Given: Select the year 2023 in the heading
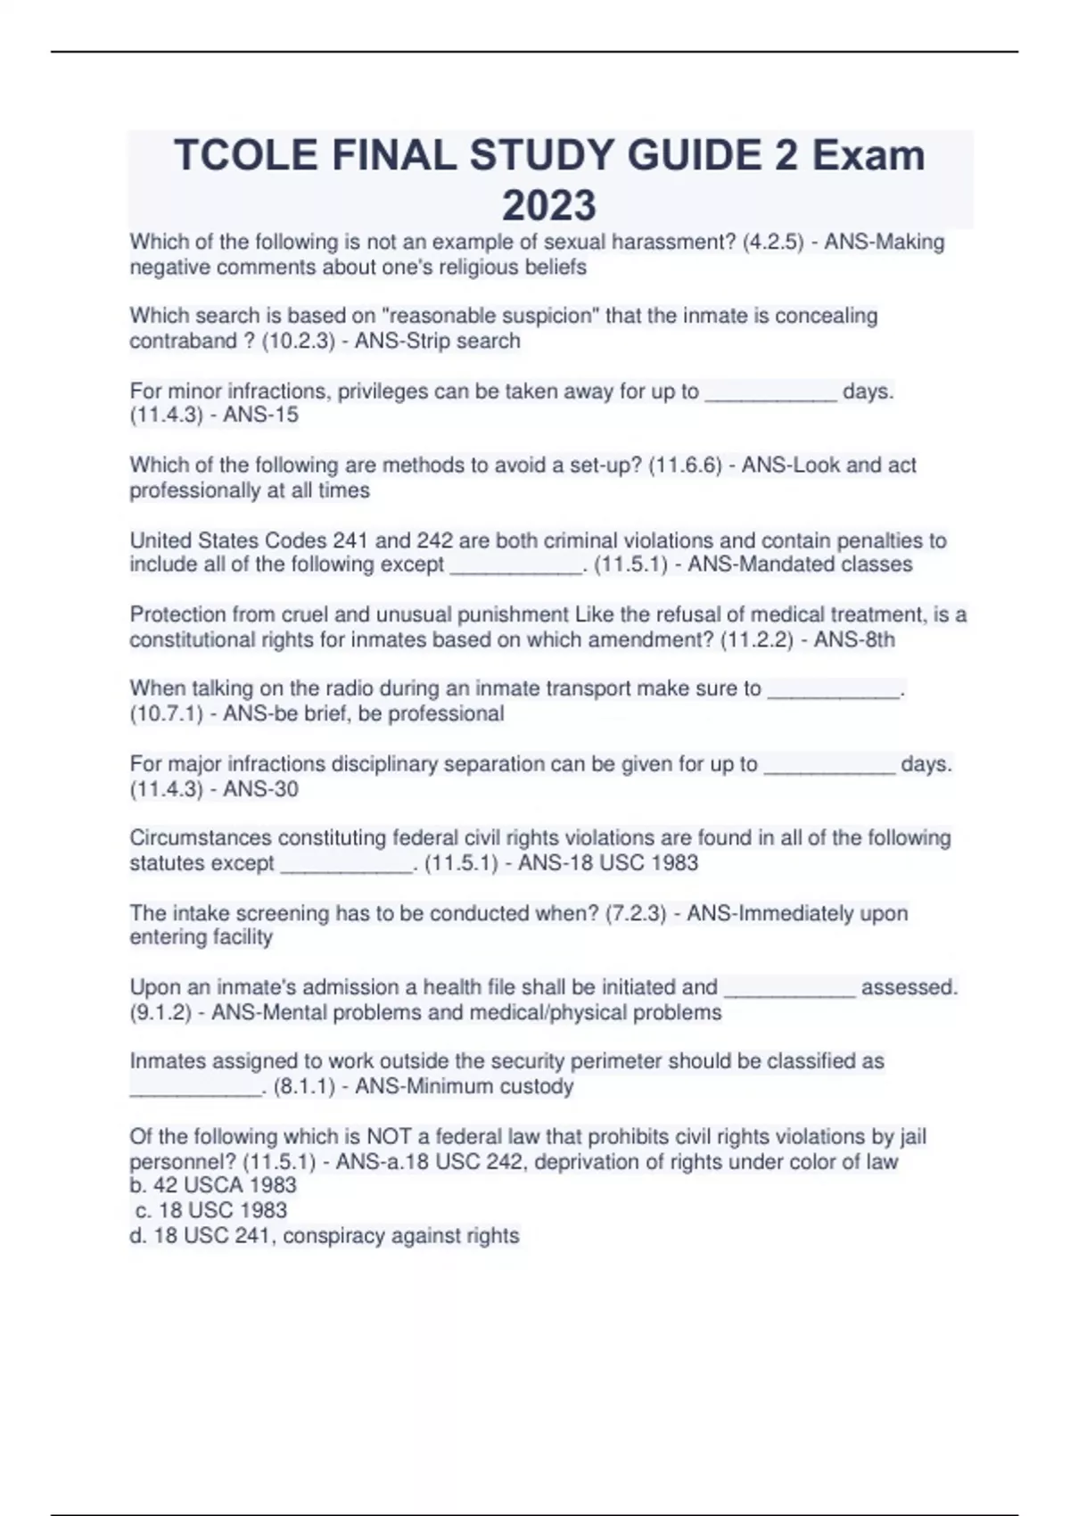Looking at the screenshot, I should point(548,205).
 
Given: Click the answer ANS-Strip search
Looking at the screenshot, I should point(437,341).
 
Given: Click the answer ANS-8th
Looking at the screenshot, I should point(854,639).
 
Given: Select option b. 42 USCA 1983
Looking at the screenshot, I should point(213,1185).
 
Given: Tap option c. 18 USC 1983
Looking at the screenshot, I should point(211,1210).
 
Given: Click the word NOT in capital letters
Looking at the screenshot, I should point(388,1136).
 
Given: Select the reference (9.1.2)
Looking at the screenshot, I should point(160,1012).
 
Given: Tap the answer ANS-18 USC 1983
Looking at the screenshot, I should point(608,863).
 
